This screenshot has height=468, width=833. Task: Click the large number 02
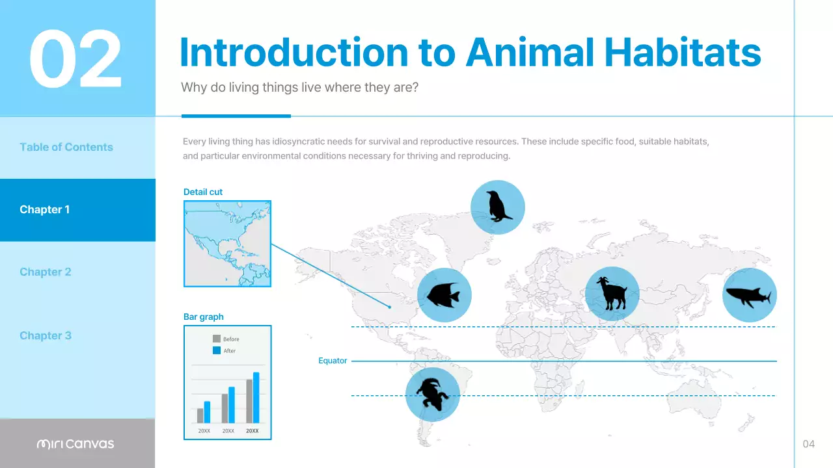pyautogui.click(x=75, y=60)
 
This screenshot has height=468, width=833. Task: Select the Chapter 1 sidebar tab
pyautogui.click(x=44, y=209)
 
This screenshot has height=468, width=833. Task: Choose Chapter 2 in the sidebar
pyautogui.click(x=45, y=272)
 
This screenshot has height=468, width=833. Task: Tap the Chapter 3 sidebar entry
pyautogui.click(x=45, y=335)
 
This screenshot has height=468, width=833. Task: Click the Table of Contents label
pyautogui.click(x=66, y=147)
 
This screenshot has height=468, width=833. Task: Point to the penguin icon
pyautogui.click(x=497, y=207)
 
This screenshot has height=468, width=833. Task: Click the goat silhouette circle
pyautogui.click(x=612, y=293)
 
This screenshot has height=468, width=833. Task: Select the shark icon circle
pyautogui.click(x=749, y=295)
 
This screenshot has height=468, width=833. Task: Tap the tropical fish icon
pyautogui.click(x=444, y=295)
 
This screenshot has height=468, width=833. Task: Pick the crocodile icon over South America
pyautogui.click(x=432, y=394)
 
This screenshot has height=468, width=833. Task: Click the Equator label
pyautogui.click(x=332, y=361)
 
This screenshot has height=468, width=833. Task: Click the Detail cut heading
pyautogui.click(x=203, y=192)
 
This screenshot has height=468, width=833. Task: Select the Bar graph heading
pyautogui.click(x=203, y=317)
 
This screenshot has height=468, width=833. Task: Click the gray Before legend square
pyautogui.click(x=217, y=339)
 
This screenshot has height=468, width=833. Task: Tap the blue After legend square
pyautogui.click(x=217, y=350)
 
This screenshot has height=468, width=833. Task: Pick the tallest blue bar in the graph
pyautogui.click(x=256, y=398)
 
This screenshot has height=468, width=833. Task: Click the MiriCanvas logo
pyautogui.click(x=75, y=444)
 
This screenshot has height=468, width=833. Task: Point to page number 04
pyautogui.click(x=808, y=444)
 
